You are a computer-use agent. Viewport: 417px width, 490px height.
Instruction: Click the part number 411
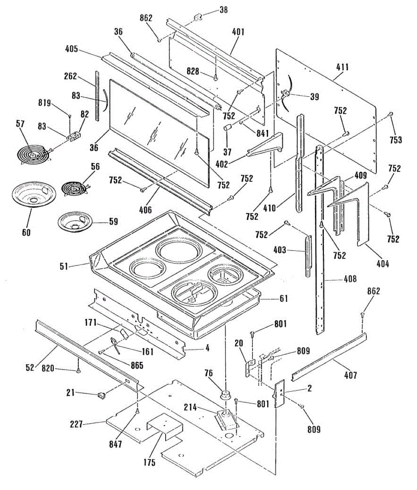click(342, 67)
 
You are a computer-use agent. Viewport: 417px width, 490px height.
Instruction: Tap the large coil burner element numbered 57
click(34, 154)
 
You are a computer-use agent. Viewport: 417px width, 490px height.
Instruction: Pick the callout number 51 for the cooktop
click(64, 267)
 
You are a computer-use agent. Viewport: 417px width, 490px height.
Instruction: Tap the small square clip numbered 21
click(102, 395)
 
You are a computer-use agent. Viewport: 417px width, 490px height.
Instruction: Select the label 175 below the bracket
click(149, 462)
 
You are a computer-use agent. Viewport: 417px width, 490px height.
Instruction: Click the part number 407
click(350, 375)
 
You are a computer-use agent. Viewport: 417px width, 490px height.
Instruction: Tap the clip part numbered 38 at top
click(198, 18)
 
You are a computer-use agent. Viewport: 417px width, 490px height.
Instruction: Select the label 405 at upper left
click(71, 49)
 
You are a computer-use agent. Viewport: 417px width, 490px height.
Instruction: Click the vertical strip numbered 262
click(97, 96)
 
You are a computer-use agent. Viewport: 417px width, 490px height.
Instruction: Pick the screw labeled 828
click(215, 78)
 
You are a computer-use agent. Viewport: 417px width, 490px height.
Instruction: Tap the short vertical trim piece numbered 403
click(308, 256)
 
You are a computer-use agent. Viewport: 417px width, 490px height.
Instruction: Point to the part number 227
click(76, 424)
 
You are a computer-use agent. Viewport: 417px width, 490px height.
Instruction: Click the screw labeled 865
click(102, 352)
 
